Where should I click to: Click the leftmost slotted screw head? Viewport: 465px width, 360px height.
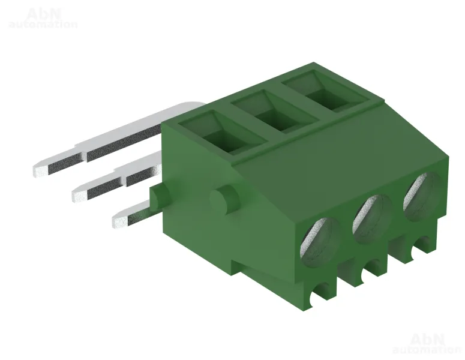click(319, 242)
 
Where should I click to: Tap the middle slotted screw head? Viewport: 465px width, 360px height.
click(372, 220)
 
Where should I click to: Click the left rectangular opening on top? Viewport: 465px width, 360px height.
click(223, 132)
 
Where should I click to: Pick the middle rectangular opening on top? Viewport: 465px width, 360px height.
click(274, 111)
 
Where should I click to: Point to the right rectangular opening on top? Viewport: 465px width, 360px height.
click(325, 91)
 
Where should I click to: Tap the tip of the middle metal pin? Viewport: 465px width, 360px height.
click(79, 195)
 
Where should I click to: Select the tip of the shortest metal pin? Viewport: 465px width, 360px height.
click(120, 221)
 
